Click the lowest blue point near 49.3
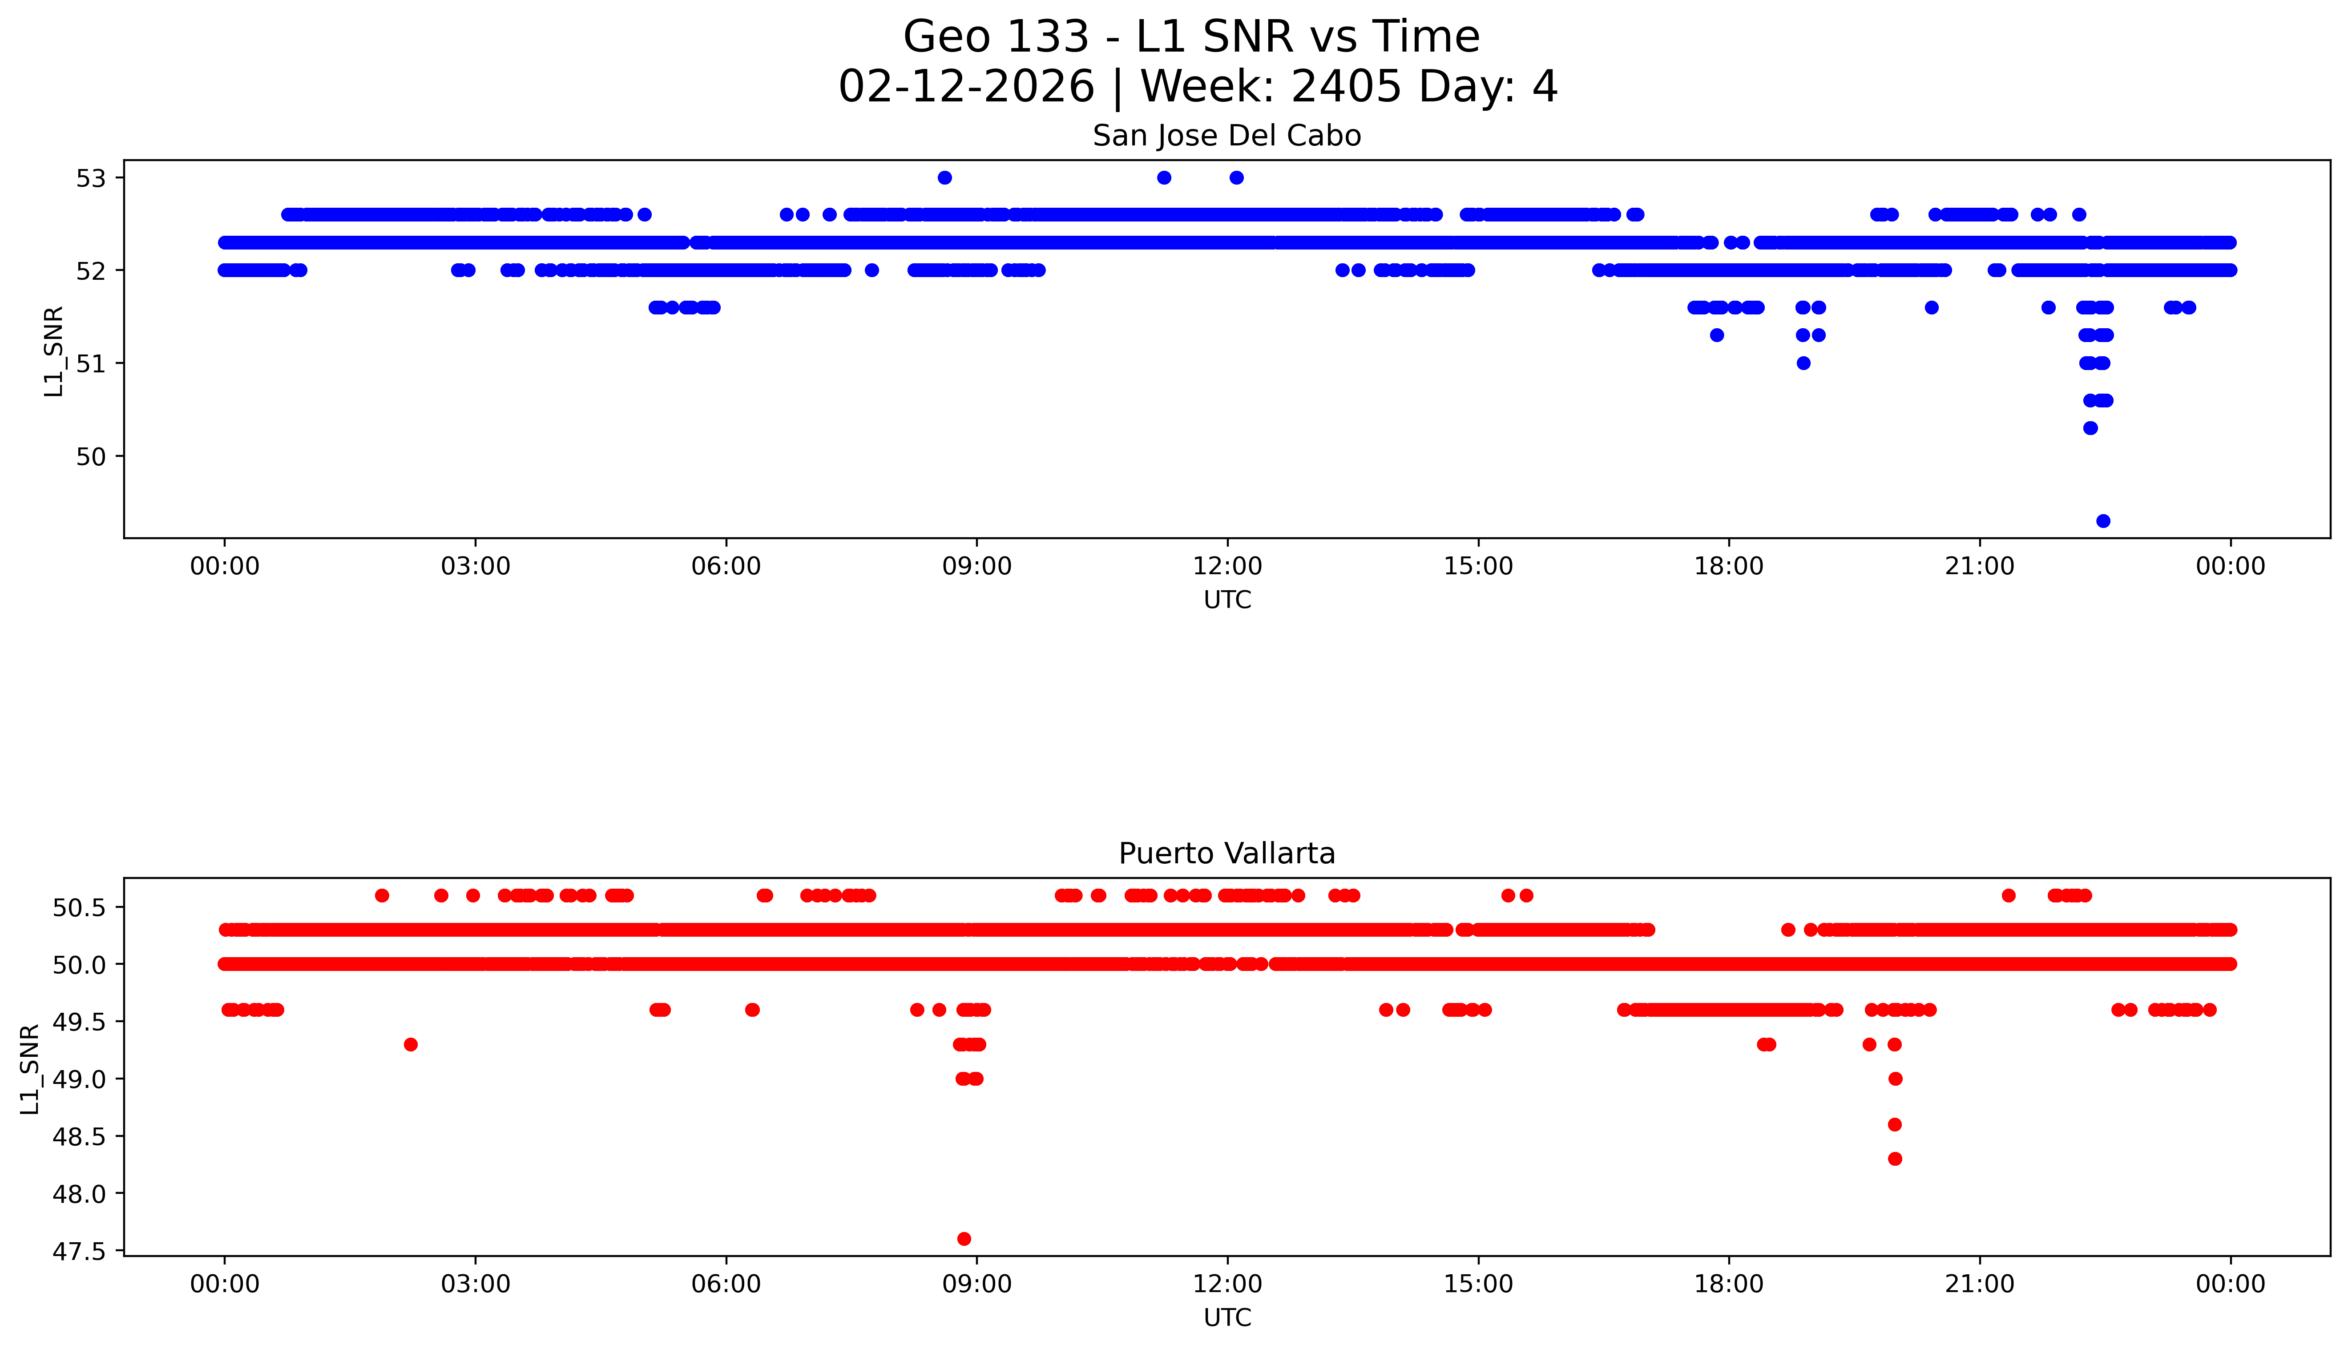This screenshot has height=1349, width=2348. point(2103,521)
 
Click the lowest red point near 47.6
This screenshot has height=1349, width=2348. point(964,1239)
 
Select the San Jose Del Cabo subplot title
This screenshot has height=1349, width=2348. point(1227,136)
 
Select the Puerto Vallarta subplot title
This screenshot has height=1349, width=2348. point(1227,854)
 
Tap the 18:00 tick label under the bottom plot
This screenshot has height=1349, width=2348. point(1729,1284)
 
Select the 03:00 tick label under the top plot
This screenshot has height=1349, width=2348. point(476,566)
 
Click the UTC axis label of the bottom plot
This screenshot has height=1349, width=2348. point(1227,1317)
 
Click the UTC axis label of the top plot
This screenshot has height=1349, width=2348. point(1227,600)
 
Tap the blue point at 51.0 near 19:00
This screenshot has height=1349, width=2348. point(1803,363)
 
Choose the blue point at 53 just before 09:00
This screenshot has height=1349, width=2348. point(944,178)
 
